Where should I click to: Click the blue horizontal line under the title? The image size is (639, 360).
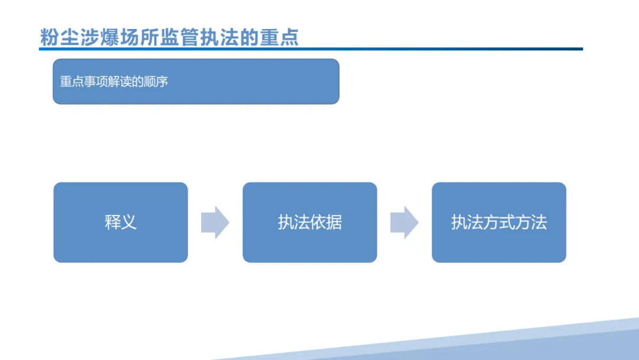(x=311, y=49)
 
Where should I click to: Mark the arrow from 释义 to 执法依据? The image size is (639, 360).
(x=215, y=223)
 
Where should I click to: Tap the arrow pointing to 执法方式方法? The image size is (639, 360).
(x=404, y=223)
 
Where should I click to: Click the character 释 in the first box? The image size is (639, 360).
(x=112, y=223)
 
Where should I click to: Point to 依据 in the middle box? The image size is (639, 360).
(x=326, y=223)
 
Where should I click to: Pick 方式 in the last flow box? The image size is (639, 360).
(x=490, y=223)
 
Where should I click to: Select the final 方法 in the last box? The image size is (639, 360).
(x=531, y=223)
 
